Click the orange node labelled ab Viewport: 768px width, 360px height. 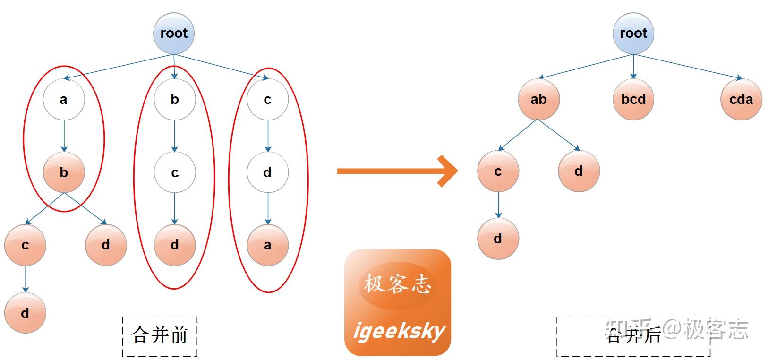538,99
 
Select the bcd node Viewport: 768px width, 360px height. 633,99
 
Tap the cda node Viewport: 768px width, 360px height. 741,99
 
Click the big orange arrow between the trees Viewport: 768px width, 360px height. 398,171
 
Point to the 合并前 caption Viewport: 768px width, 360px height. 160,335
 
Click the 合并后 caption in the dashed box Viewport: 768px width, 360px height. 633,335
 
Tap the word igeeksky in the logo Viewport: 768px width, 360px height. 399,332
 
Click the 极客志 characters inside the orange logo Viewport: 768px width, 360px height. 397,284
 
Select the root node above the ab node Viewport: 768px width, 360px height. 633,33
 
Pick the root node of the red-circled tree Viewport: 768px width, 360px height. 174,33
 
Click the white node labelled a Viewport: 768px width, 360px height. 64,99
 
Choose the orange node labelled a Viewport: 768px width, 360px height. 267,245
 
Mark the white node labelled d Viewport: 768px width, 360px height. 267,172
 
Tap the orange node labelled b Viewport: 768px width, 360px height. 64,172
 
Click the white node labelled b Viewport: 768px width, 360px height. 175,99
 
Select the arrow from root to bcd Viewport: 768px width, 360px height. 633,67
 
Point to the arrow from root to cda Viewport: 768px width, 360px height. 688,67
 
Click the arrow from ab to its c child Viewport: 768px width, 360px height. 518,135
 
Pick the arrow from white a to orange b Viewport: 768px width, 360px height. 64,136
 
